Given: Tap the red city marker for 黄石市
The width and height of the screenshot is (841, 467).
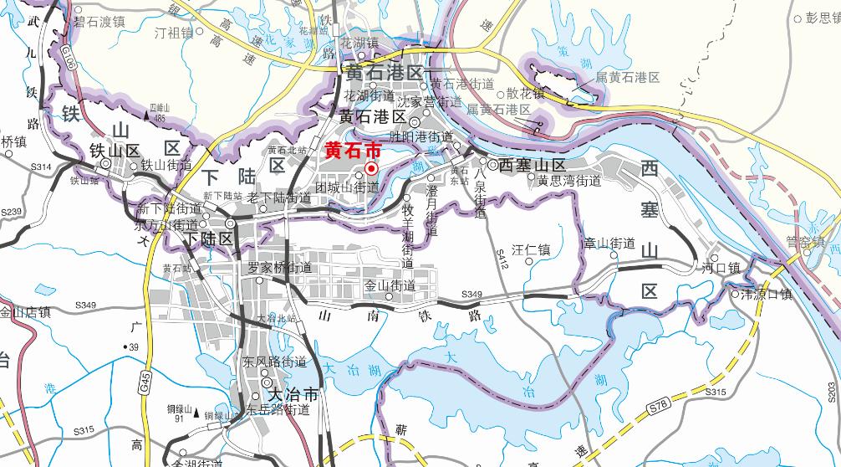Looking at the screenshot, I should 370,168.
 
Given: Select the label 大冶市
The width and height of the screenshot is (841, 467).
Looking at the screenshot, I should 290,394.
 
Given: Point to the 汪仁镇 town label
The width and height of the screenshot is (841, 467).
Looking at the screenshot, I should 531,249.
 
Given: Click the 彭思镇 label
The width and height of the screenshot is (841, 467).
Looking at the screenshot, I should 822,18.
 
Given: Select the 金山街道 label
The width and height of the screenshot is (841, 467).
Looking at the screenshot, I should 390,285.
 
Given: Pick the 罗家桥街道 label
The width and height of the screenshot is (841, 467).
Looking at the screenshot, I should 280,268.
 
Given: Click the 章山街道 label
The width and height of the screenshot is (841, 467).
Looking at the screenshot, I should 609,244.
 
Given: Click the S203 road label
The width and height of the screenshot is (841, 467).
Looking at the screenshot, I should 831,388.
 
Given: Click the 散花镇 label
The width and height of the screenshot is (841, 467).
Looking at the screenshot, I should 525,94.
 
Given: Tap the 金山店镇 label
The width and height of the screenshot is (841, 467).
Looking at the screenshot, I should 25,312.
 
